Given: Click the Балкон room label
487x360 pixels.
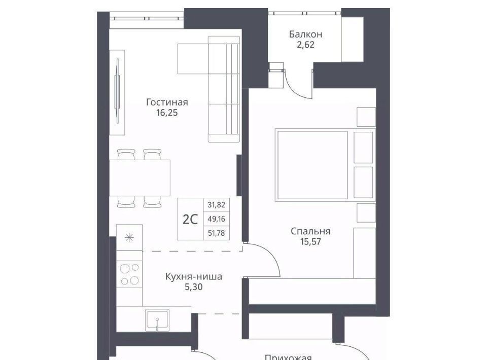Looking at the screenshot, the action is point(305,34).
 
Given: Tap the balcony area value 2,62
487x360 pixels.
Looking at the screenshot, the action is point(305,45).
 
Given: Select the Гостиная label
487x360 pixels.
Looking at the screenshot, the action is point(167,102).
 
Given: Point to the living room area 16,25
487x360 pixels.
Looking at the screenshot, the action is point(167,113).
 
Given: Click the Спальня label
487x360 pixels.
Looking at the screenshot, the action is point(310,231).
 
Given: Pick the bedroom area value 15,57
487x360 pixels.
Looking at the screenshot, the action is point(310,241).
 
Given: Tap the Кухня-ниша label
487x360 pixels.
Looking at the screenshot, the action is point(193,276).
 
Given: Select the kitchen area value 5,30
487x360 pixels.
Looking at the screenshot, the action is point(193,287).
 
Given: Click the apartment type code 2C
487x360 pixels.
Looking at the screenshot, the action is point(190,220).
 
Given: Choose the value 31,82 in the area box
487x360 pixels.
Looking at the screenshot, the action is point(217,205).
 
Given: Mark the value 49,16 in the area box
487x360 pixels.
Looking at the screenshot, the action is point(217,219).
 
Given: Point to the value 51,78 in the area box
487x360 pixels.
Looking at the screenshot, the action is point(217,233).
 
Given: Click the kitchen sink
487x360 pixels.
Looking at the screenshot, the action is point(157,319).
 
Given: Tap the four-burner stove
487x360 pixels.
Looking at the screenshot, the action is point(129,274).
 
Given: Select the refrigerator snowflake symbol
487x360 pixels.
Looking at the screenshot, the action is point(129,238).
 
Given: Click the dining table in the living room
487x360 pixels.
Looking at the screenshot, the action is point(140,177).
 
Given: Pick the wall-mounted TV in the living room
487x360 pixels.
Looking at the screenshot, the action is point(117,92).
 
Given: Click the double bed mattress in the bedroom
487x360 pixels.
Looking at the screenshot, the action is point(312,165).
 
